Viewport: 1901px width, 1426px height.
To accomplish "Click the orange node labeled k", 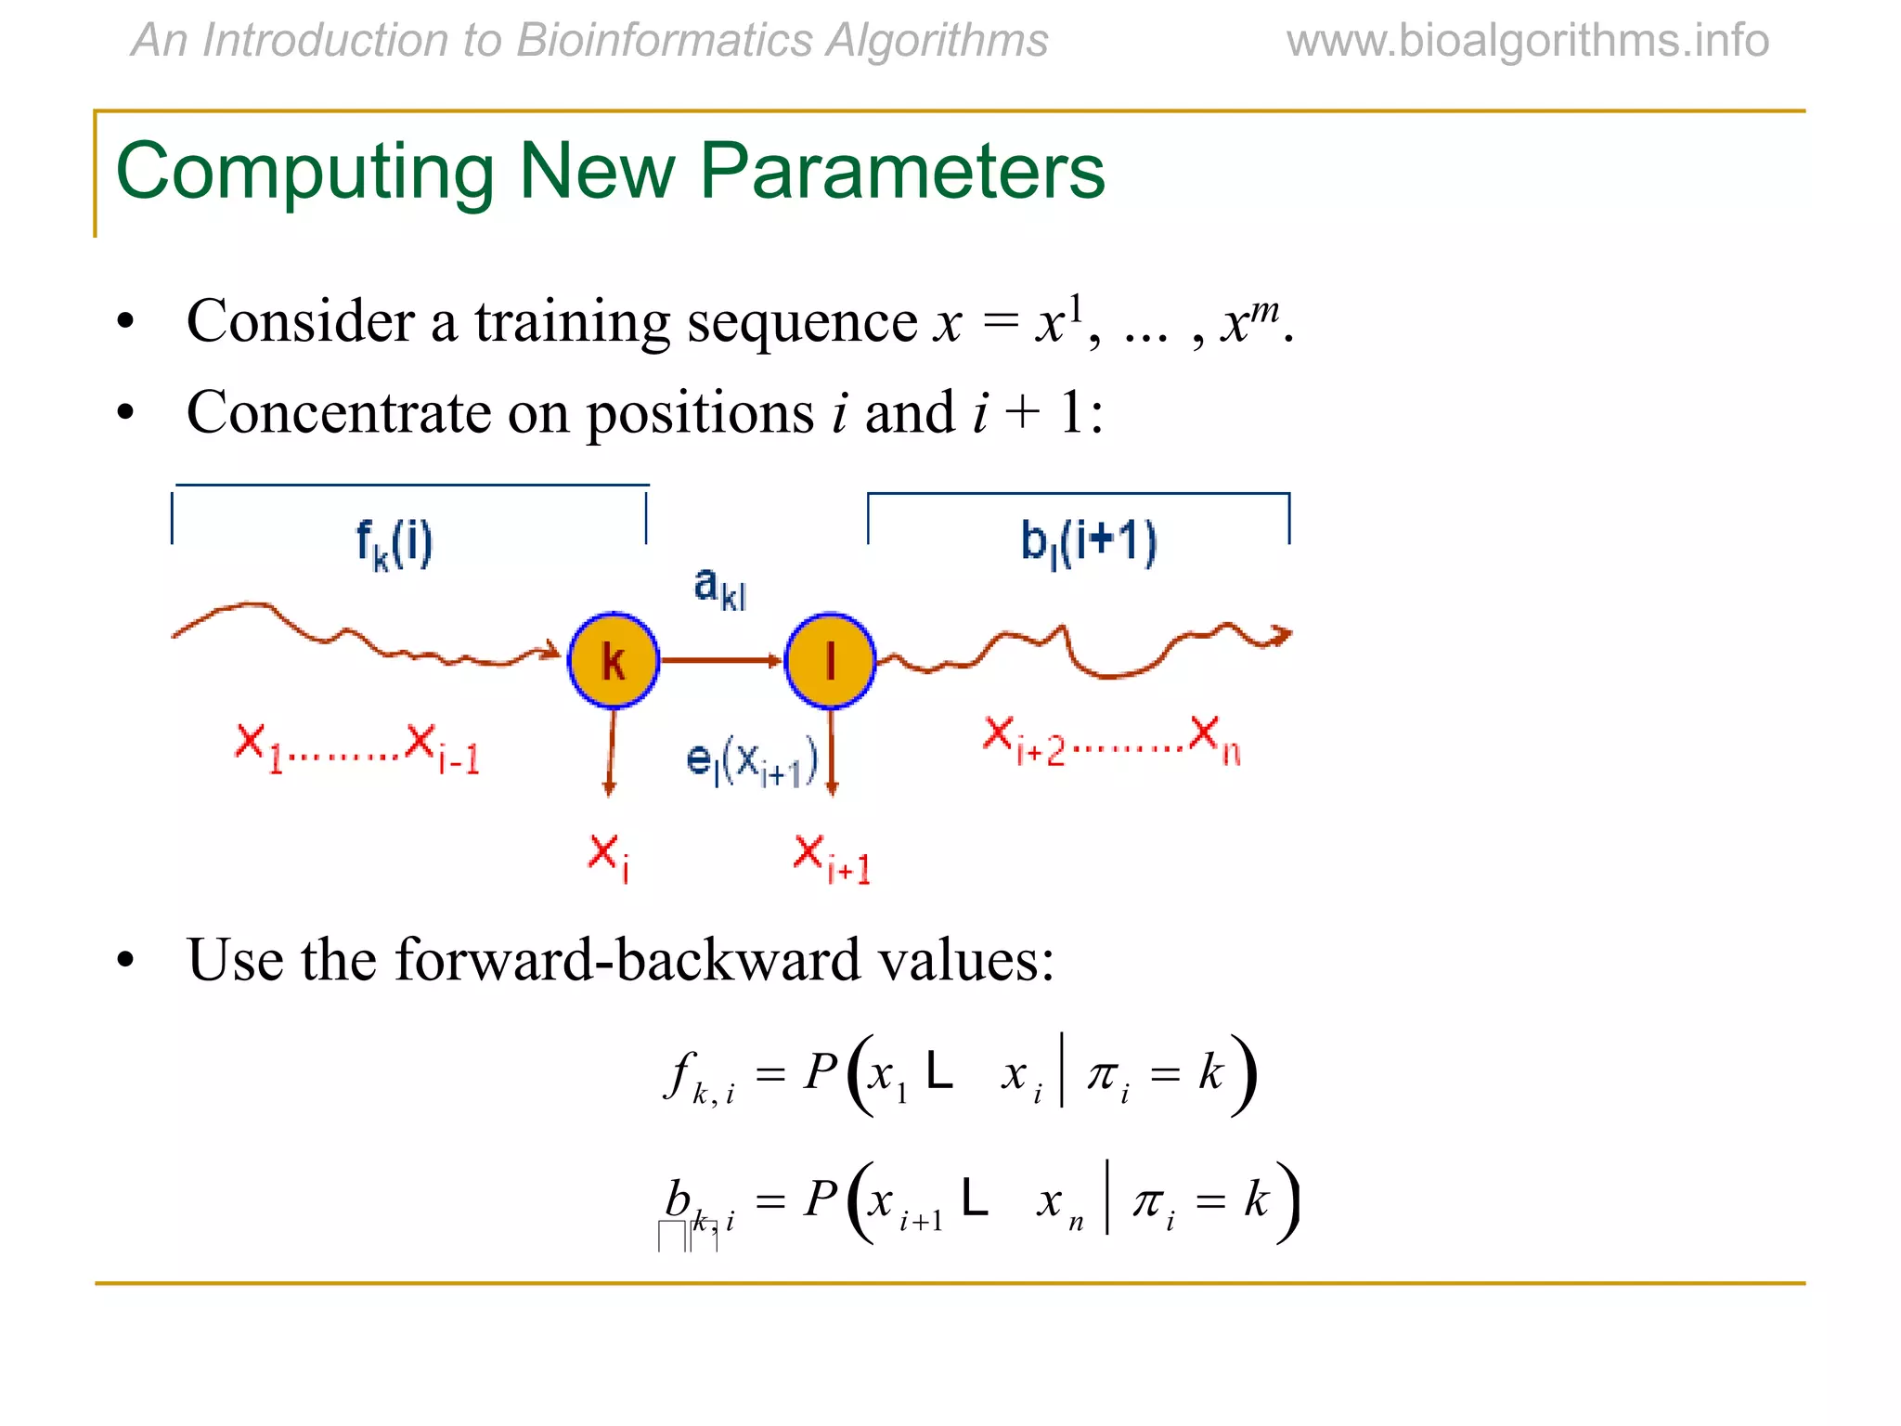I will click(613, 661).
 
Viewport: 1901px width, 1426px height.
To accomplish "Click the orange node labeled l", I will click(830, 661).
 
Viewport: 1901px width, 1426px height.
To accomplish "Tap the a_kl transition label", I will click(719, 589).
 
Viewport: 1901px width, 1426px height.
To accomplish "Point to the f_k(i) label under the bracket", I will click(395, 544).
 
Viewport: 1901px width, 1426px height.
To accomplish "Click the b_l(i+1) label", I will click(1089, 542).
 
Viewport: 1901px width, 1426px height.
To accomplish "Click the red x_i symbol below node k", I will click(609, 856).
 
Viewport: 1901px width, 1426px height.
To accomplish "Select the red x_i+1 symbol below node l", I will click(832, 860).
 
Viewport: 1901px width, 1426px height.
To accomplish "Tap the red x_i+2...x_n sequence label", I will click(1111, 741).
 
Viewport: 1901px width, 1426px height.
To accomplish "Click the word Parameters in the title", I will click(901, 172).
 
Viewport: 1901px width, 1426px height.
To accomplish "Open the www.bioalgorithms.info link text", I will click(1527, 41).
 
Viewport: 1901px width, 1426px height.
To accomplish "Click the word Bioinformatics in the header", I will click(663, 41).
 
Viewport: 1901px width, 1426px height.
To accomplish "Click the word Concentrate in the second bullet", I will click(338, 412).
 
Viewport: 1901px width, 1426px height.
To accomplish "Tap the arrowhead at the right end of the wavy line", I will click(1282, 636).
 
